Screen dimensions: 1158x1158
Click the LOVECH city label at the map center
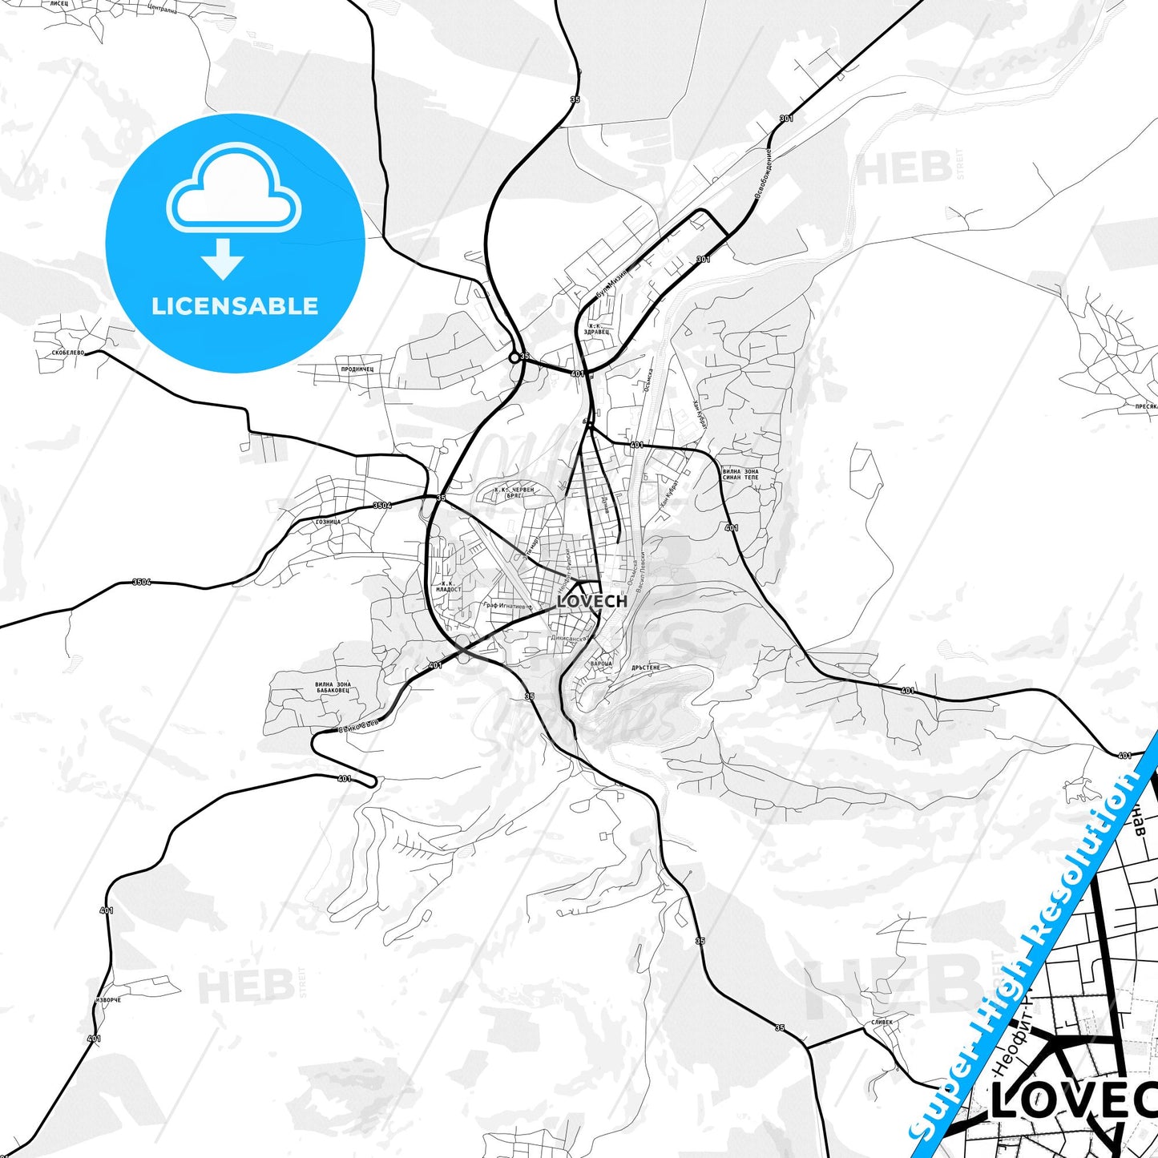pos(591,601)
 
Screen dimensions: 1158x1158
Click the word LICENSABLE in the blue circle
pos(235,306)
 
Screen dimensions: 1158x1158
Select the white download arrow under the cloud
pos(223,259)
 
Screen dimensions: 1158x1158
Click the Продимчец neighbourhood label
pos(357,369)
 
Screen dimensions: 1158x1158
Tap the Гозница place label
pos(329,522)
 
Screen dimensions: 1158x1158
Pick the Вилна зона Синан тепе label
pos(740,474)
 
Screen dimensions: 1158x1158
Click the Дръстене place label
pos(645,667)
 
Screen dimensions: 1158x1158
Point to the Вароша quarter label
pos(600,664)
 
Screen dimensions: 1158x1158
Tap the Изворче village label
pos(108,1001)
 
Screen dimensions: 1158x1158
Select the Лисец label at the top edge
pos(59,4)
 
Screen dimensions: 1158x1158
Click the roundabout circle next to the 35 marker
pos(514,357)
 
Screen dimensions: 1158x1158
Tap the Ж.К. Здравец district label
pos(597,328)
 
